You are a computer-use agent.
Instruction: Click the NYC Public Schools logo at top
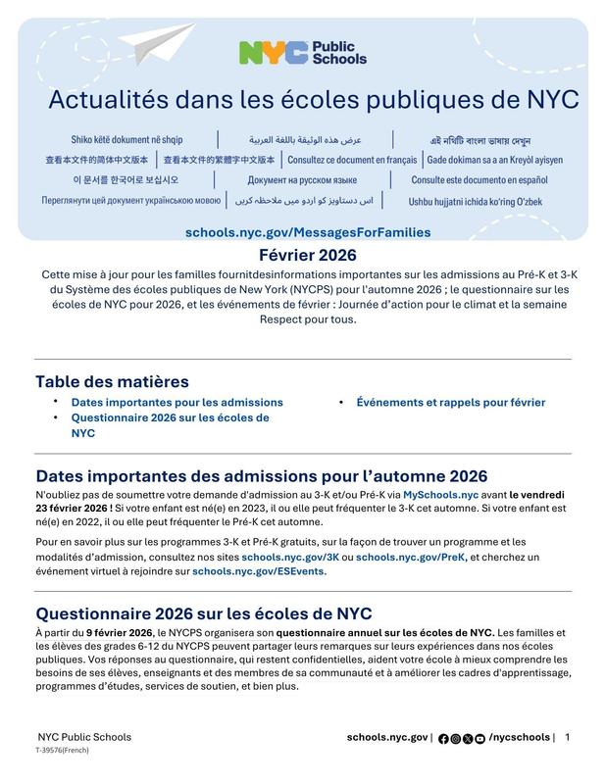pos(303,53)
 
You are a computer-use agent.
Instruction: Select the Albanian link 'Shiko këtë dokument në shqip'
pos(126,140)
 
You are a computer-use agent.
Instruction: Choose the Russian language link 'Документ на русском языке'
pos(302,180)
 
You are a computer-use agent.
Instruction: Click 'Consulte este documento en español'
pos(480,180)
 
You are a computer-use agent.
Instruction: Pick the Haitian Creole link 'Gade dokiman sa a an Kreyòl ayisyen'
pos(495,160)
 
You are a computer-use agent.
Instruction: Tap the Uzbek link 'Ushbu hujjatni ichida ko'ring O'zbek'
pos(476,201)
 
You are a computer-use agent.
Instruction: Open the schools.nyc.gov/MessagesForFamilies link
pos(308,232)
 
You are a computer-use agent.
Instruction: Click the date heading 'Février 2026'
pos(301,255)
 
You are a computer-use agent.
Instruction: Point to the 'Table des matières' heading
pos(112,381)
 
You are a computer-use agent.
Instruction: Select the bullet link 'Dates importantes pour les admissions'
pos(177,402)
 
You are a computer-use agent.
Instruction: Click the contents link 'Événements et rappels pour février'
pos(450,402)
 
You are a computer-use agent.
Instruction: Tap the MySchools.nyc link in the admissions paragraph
pos(440,496)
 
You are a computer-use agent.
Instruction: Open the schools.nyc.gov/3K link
pos(284,557)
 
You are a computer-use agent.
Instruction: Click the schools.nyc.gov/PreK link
pos(411,557)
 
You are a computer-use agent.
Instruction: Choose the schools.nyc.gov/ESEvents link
pos(258,570)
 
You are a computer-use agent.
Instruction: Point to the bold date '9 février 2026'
pos(119,632)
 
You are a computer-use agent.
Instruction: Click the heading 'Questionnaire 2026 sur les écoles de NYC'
pos(204,613)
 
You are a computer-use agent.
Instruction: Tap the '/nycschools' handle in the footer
pos(519,737)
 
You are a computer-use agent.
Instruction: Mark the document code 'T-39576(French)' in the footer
pos(63,750)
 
